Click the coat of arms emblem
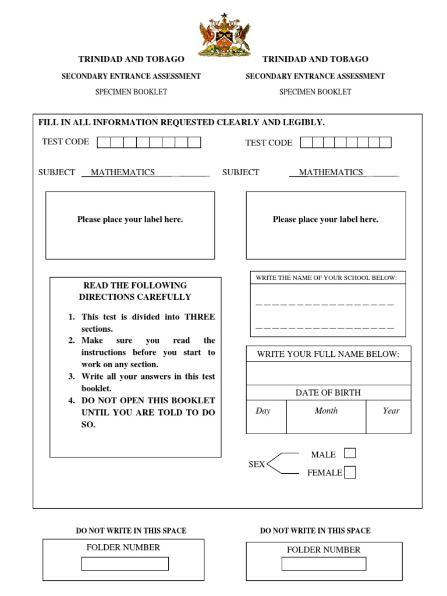click(x=224, y=36)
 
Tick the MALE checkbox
click(x=350, y=453)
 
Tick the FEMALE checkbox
click(x=350, y=473)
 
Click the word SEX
click(x=257, y=464)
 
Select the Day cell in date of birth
click(x=266, y=417)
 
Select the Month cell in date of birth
click(x=326, y=417)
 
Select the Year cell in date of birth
click(x=389, y=417)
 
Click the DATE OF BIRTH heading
click(x=328, y=393)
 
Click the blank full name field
click(x=328, y=373)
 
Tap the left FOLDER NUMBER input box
click(x=125, y=564)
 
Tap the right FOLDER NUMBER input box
click(x=324, y=564)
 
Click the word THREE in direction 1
click(x=200, y=317)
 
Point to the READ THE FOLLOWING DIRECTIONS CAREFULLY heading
click(x=135, y=291)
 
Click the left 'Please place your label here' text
click(x=130, y=219)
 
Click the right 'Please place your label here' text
click(x=325, y=219)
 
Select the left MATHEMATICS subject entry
click(x=123, y=172)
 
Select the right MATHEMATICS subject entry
click(x=331, y=172)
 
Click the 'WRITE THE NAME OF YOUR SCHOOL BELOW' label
click(x=326, y=278)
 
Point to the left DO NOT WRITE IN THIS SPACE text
click(x=132, y=531)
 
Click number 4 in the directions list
click(x=71, y=400)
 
